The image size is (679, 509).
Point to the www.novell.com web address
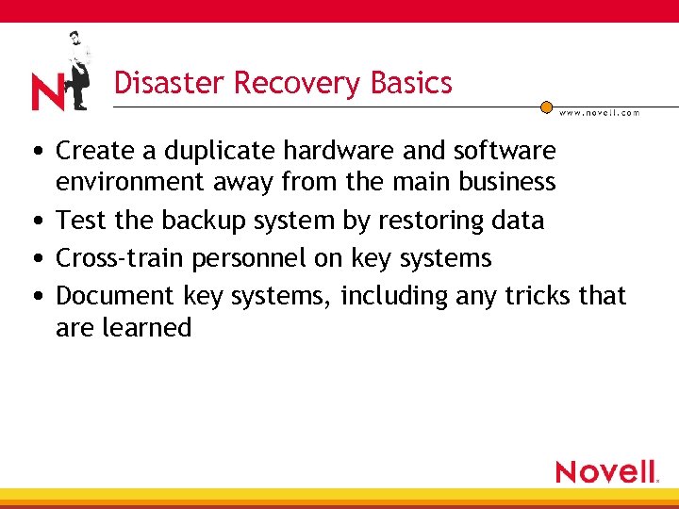pos(599,112)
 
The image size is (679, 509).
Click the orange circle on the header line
pos(546,107)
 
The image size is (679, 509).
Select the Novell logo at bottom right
pos(606,471)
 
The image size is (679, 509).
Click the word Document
pos(115,296)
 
